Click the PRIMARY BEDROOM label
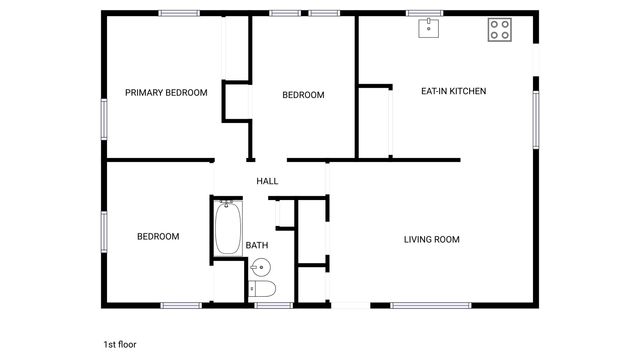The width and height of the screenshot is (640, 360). pos(166,93)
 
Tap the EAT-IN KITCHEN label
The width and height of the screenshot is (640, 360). pos(453,91)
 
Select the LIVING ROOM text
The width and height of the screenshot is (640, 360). pos(432,239)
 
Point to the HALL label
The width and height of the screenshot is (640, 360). pos(267,181)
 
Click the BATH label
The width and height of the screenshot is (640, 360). pos(257,245)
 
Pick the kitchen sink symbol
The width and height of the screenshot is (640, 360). pos(429,27)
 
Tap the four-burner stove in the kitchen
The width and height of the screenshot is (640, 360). pos(499,30)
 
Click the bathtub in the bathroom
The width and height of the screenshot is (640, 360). pos(227,227)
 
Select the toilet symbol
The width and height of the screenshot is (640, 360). pos(263,289)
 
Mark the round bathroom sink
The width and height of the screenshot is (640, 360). pos(259,266)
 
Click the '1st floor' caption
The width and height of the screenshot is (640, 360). pos(120,344)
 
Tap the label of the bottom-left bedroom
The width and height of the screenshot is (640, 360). pos(158,237)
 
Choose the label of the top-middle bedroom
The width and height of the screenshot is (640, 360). pos(303,95)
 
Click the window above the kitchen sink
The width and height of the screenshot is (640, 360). pos(425,12)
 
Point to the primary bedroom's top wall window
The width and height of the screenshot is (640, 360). pos(179,12)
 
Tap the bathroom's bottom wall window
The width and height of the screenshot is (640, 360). pos(273,305)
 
